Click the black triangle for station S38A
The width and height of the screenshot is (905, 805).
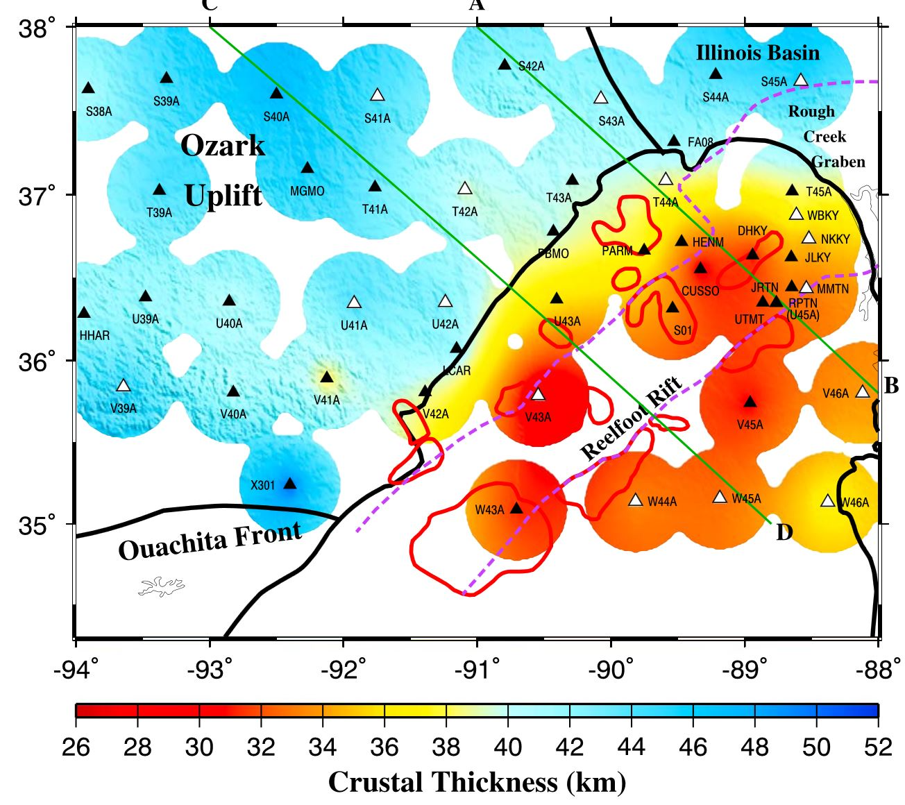click(88, 88)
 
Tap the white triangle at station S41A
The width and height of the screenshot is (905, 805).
click(378, 95)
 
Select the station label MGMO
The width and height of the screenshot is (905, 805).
click(307, 191)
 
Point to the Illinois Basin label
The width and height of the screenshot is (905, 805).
click(758, 53)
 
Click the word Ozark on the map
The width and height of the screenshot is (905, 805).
click(223, 146)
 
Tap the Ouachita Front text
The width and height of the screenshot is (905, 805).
click(210, 541)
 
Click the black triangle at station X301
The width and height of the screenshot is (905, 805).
click(290, 484)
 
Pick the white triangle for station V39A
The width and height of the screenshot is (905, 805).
click(124, 386)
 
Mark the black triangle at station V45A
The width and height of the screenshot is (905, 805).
click(750, 402)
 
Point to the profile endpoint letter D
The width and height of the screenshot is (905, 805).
click(784, 533)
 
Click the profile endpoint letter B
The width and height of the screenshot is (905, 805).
click(891, 386)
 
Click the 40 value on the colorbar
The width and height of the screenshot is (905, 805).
click(508, 747)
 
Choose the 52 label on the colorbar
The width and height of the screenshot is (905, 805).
click(878, 747)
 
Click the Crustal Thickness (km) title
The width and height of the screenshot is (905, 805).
click(477, 782)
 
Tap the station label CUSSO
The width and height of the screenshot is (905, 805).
click(700, 291)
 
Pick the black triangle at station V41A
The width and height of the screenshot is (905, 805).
click(327, 378)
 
